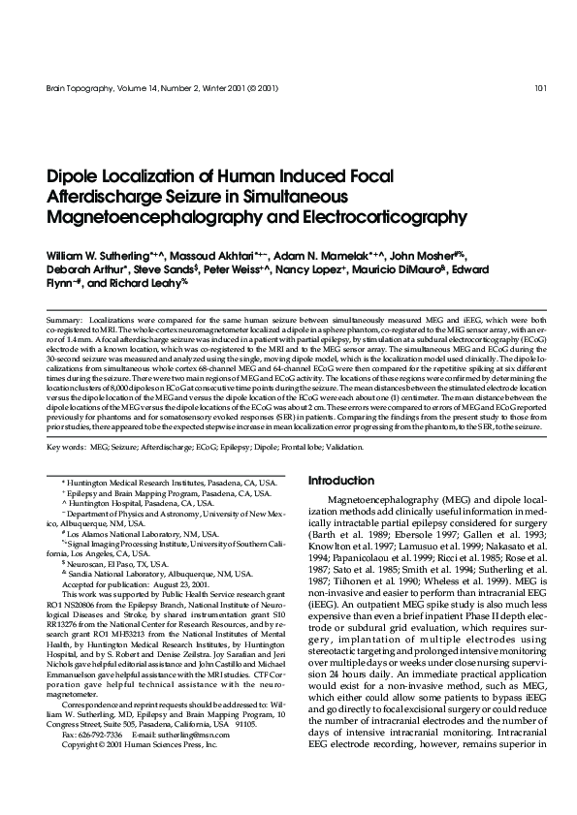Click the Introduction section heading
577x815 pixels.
click(340, 481)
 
